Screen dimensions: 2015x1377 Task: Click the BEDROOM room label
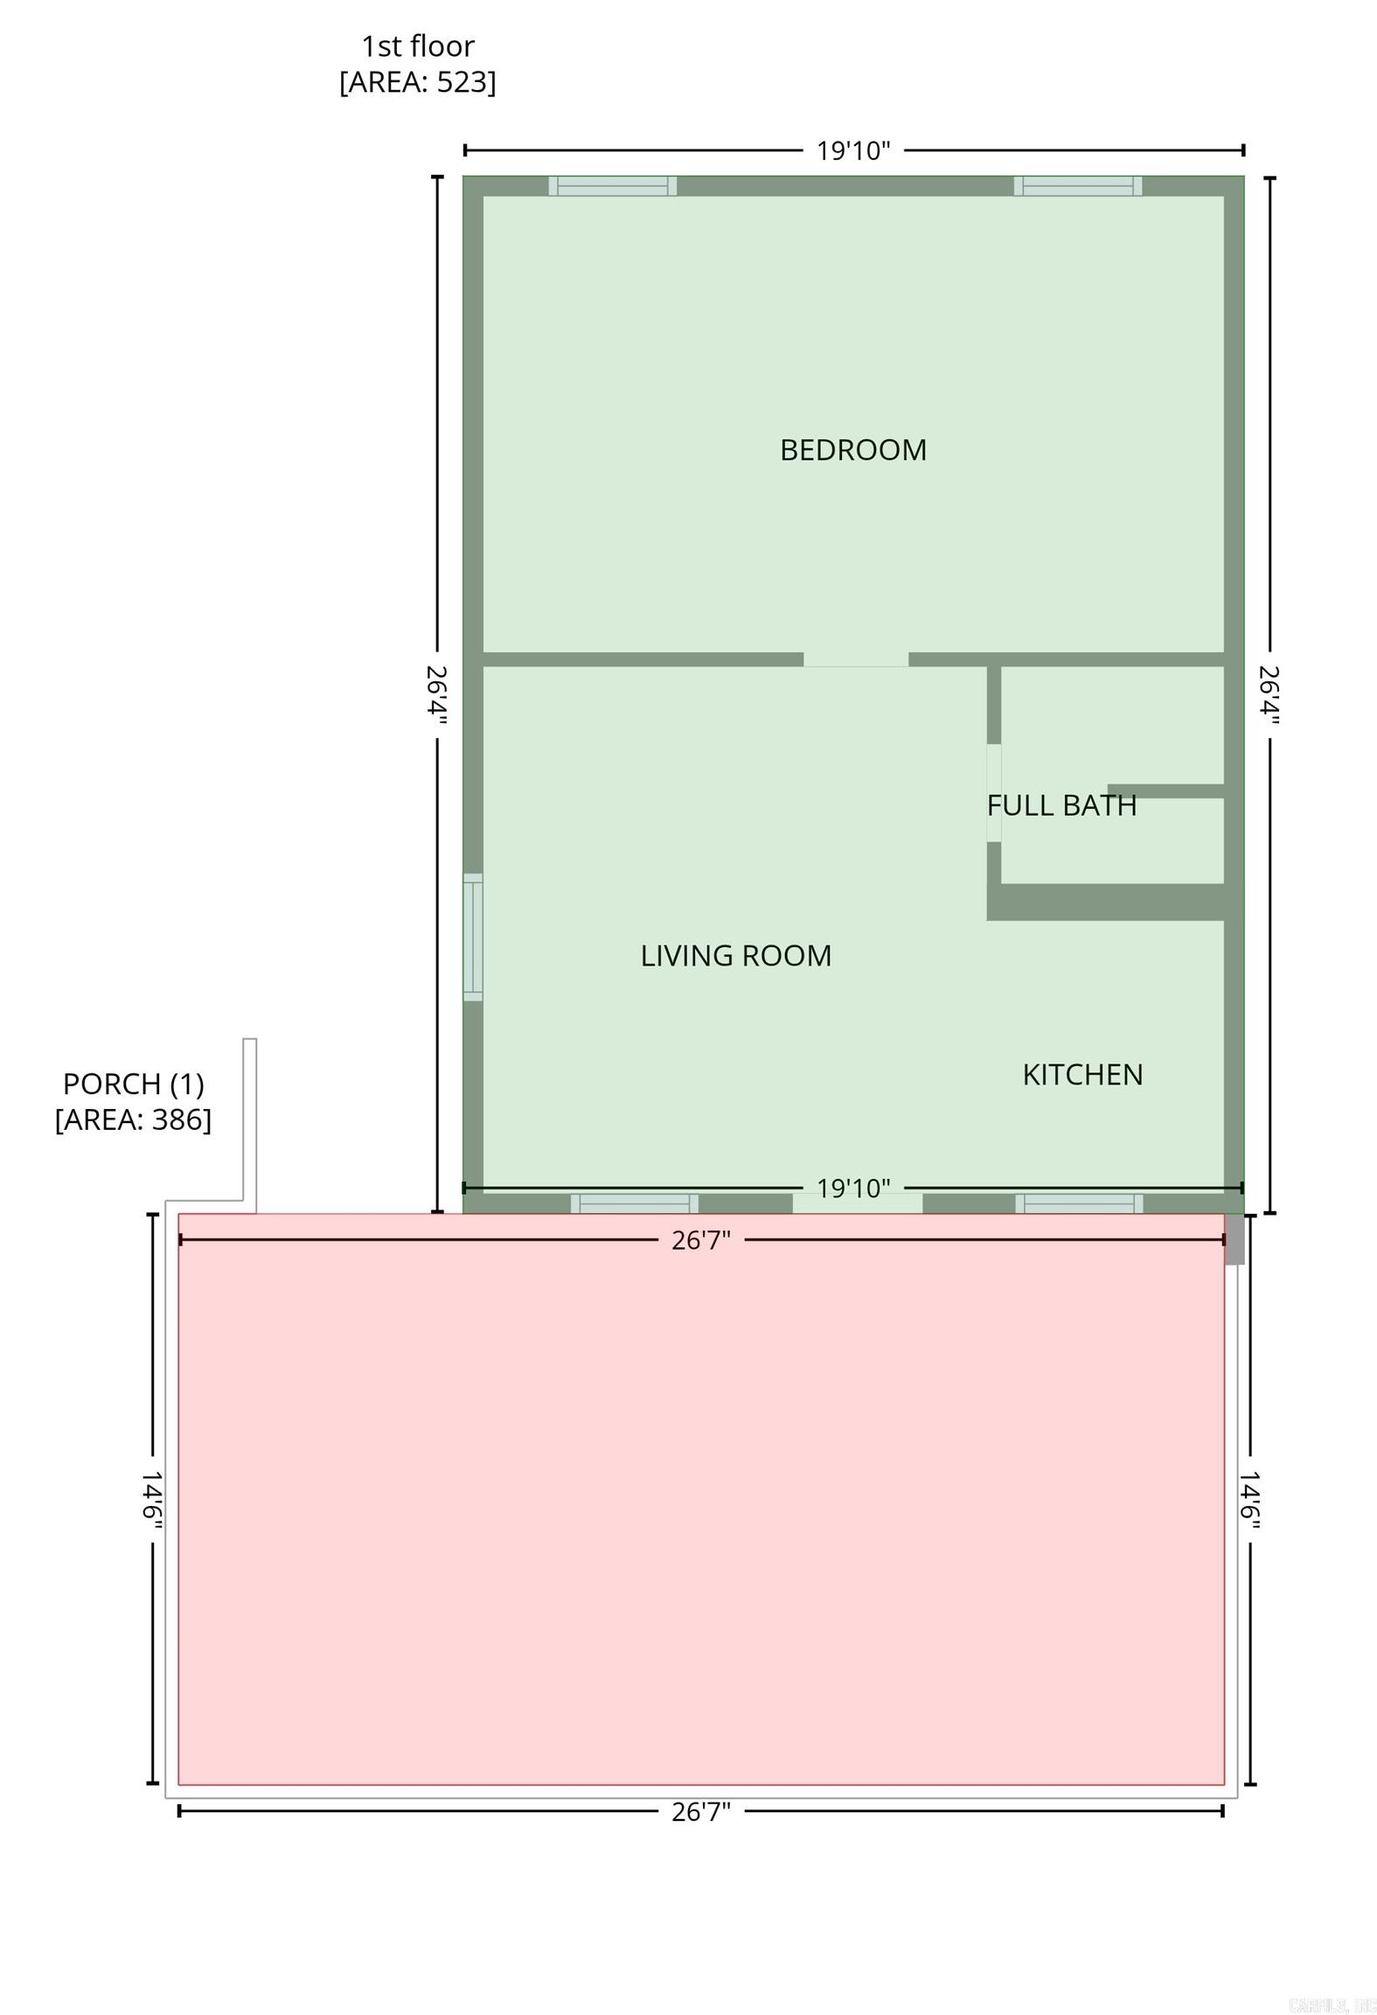(852, 450)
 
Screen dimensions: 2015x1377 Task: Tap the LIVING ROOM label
(735, 955)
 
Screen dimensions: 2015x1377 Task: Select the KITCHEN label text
(1082, 1074)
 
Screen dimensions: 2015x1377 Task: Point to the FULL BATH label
(1061, 805)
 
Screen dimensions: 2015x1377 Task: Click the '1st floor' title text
(417, 45)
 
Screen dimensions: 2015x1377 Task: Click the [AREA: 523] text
(417, 81)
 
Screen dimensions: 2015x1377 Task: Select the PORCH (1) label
(133, 1084)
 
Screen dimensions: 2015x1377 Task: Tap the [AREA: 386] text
(133, 1119)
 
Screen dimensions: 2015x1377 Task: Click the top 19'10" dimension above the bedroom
(852, 150)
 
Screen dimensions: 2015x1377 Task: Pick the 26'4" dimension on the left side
(436, 695)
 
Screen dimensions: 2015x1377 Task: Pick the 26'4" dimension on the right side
(1269, 695)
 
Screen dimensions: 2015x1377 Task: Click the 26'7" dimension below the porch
(700, 1811)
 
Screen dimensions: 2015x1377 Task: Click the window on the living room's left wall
(472, 937)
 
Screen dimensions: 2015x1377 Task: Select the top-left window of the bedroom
(612, 185)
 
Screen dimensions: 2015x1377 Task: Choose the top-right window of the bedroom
(1077, 185)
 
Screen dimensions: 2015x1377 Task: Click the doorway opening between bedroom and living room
(855, 659)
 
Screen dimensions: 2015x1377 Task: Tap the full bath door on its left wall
(993, 792)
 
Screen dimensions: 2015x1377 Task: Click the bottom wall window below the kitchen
(1078, 1203)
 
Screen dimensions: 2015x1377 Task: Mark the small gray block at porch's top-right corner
(1234, 1238)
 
